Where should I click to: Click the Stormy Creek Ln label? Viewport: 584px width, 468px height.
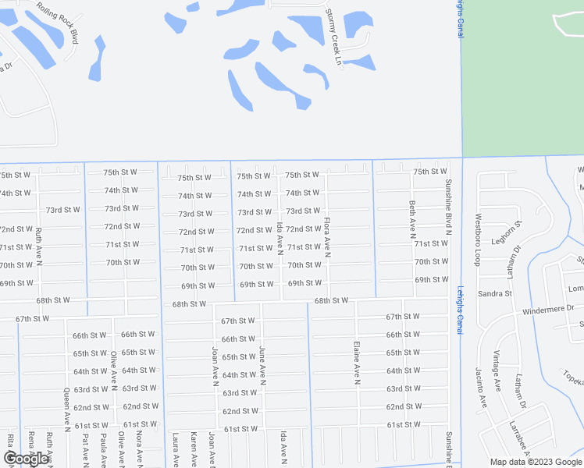pos(334,37)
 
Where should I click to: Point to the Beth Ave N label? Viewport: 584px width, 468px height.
pos(412,218)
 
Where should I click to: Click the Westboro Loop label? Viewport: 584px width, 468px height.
pos(479,232)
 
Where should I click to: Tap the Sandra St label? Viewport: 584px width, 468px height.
pos(494,294)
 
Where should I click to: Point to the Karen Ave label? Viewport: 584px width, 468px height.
pos(193,450)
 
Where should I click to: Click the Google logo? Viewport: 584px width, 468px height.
pos(27,459)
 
